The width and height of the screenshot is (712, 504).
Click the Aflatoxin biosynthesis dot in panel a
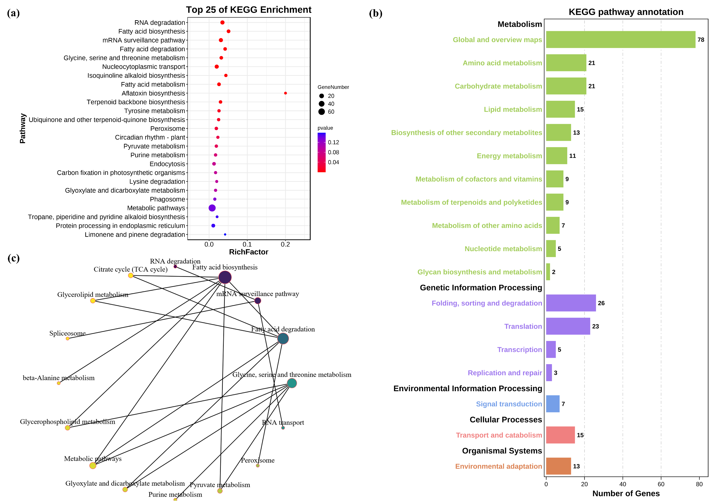tap(285, 93)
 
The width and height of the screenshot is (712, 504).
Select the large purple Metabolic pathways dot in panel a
tap(212, 208)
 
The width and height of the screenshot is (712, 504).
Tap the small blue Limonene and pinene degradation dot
tap(225, 235)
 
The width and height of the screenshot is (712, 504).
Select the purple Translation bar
tap(568, 326)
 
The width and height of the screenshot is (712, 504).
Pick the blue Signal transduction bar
tap(552, 404)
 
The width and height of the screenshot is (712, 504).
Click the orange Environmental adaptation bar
tap(558, 466)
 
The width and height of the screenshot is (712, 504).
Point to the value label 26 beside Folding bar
tap(601, 303)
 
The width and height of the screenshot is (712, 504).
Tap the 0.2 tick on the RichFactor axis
tap(285, 245)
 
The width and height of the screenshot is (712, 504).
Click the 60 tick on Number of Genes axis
tap(661, 484)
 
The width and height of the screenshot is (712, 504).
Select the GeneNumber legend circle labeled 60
tap(321, 112)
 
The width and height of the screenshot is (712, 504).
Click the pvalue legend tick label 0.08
tap(333, 152)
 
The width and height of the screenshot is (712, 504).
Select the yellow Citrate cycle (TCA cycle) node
tap(131, 276)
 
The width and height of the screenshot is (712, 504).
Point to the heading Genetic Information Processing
tap(480, 288)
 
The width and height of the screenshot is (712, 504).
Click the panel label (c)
tap(13, 258)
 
